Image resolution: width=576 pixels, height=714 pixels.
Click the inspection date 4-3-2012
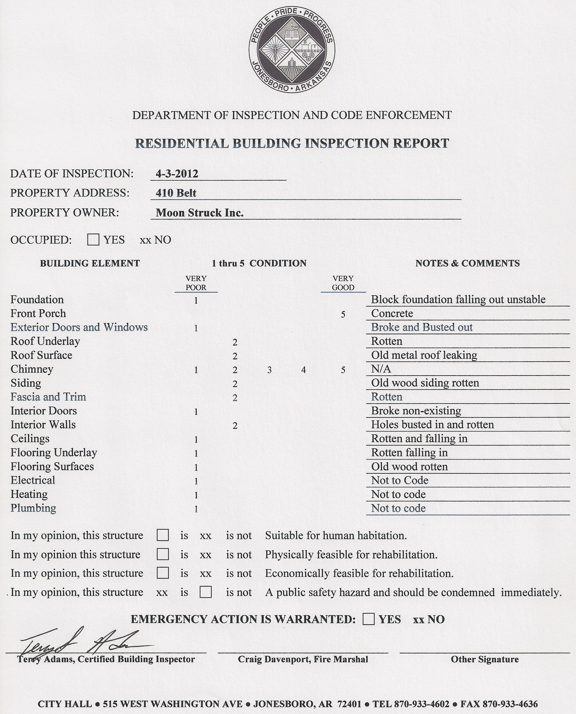(177, 174)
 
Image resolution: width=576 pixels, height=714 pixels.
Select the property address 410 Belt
(176, 193)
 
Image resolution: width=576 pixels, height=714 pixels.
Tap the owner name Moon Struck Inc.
(200, 213)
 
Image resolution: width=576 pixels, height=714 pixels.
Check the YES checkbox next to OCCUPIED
(93, 240)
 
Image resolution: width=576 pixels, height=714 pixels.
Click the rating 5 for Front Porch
(343, 314)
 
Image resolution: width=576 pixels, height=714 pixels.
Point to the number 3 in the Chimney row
(270, 370)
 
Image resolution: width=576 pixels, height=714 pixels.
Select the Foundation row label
(37, 299)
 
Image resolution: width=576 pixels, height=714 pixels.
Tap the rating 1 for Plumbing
(196, 509)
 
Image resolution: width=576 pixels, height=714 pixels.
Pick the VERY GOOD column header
(343, 283)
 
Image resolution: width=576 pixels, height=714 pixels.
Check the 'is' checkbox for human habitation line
(162, 535)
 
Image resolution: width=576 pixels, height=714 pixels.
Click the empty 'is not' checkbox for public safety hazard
(206, 592)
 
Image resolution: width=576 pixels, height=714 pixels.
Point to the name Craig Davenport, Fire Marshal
(303, 659)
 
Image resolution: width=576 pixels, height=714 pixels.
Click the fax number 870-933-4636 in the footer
(510, 704)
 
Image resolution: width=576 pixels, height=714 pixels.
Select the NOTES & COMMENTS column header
(468, 263)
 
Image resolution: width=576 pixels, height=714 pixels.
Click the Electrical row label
(33, 480)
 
